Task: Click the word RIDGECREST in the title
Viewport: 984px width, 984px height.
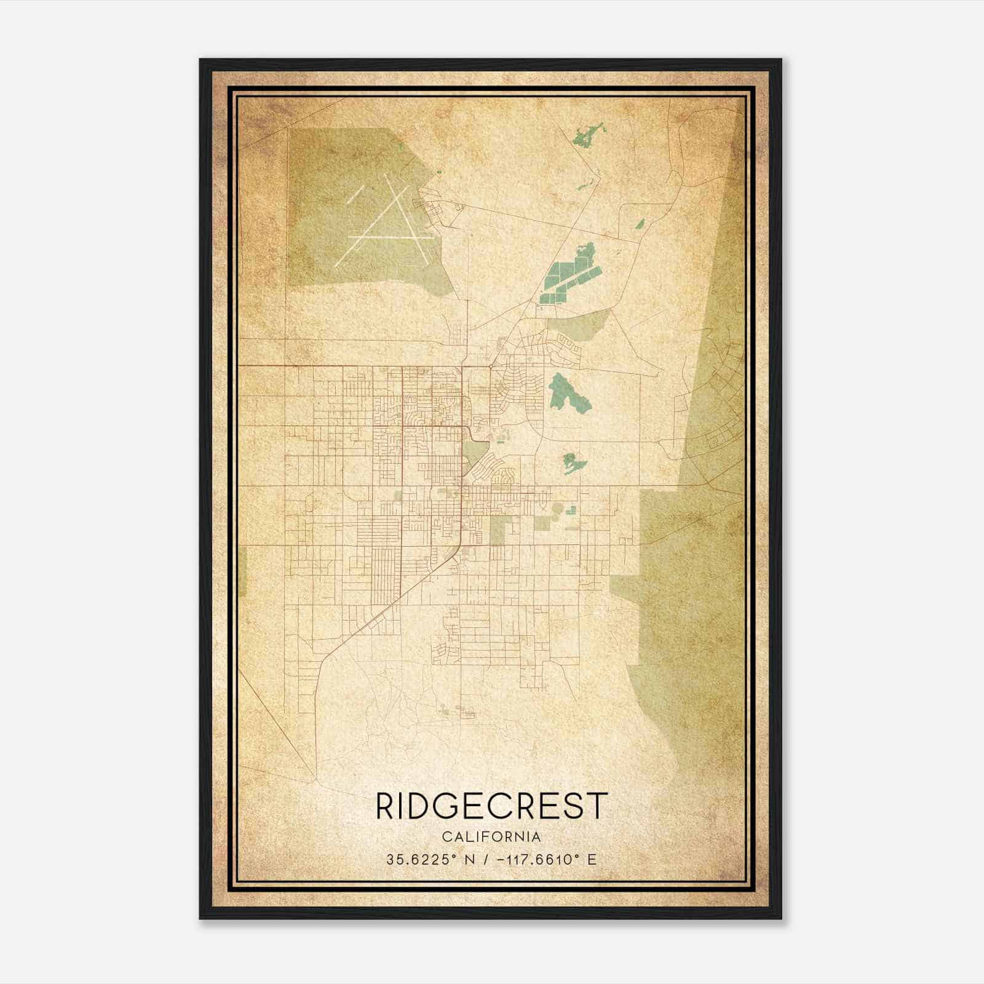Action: tap(491, 806)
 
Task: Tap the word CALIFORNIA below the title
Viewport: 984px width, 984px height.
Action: tap(491, 837)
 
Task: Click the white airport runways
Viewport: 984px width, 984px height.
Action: tap(381, 221)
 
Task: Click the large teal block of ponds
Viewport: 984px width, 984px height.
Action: tap(569, 277)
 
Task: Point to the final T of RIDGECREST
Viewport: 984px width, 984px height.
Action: tap(598, 806)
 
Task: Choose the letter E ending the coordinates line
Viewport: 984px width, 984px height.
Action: tap(592, 860)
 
